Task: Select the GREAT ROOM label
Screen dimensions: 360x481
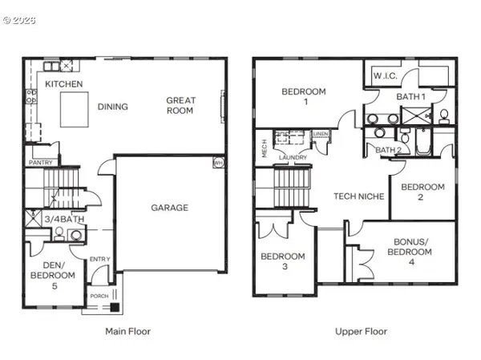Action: coord(180,106)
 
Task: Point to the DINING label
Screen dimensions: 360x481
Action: coord(113,107)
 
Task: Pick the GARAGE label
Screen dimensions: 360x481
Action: coord(169,208)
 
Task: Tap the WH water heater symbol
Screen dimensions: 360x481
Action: coord(218,162)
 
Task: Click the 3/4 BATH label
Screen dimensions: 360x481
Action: coord(63,219)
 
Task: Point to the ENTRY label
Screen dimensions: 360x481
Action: coord(100,258)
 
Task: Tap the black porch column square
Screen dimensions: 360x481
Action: coord(115,305)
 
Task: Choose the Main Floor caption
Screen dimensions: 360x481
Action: coord(127,331)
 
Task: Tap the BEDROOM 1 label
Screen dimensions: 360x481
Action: coord(303,98)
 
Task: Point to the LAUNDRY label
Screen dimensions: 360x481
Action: coord(293,157)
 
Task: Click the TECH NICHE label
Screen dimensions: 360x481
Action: coord(358,196)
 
